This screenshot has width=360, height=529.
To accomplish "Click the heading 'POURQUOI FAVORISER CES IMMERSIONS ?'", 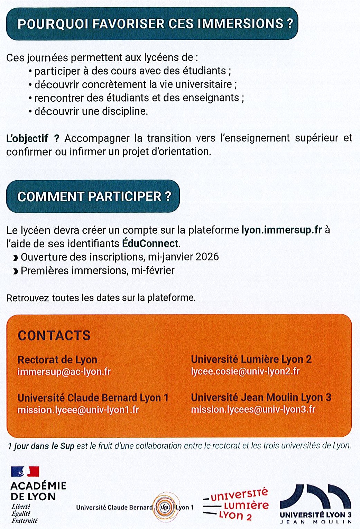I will coord(155,24).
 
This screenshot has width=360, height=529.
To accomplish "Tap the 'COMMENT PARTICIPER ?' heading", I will coord(94,197).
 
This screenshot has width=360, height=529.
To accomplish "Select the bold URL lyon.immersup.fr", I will coord(281,230).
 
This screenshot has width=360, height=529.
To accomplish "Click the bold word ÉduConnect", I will coord(150,244).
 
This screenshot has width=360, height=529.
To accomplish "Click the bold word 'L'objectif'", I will coord(27,138).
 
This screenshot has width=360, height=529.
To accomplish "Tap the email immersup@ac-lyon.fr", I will coord(64,372).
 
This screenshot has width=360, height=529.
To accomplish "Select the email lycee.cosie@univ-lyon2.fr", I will coord(245,372).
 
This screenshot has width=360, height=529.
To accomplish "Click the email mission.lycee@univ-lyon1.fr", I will coord(78,410).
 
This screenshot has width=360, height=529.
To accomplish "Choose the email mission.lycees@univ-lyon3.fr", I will coord(253,410).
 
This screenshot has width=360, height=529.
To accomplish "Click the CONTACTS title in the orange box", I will coord(54,335).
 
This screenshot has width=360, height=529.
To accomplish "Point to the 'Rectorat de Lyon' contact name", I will coord(57,360).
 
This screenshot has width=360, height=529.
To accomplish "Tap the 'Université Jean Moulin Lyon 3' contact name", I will coord(261,398).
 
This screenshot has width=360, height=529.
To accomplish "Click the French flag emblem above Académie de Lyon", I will coord(25,471).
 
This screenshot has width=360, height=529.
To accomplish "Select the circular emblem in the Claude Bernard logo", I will coord(165,508).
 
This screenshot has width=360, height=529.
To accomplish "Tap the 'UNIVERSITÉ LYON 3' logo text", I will coord(315,515).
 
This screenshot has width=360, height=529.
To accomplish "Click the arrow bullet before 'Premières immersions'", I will coord(16,271).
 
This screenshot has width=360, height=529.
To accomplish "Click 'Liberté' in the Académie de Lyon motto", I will coord(21,507).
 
